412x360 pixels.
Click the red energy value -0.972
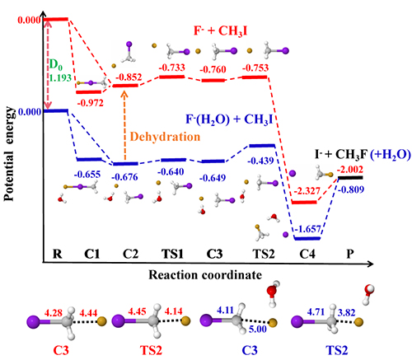(x=91, y=103)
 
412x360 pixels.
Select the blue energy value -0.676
(x=124, y=177)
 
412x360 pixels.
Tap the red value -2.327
(x=307, y=190)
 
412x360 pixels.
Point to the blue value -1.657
(x=307, y=229)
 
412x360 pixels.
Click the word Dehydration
(x=165, y=137)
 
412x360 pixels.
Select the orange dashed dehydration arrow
(x=124, y=125)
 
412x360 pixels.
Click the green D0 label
(x=56, y=65)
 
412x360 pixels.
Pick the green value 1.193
(x=60, y=78)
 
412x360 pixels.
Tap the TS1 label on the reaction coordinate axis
(x=172, y=254)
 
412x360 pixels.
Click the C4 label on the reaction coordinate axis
(x=307, y=254)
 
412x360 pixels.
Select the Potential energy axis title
(x=9, y=154)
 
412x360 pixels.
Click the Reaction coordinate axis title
(x=205, y=275)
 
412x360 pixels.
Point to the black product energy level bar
(x=350, y=178)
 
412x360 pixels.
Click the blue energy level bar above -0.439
(x=262, y=146)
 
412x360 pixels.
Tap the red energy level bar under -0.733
(x=172, y=77)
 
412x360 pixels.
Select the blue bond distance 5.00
(x=258, y=329)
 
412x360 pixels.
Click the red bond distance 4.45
(x=137, y=311)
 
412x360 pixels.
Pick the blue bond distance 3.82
(x=347, y=312)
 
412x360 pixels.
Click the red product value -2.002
(x=350, y=169)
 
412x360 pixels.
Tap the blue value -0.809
(x=351, y=189)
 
